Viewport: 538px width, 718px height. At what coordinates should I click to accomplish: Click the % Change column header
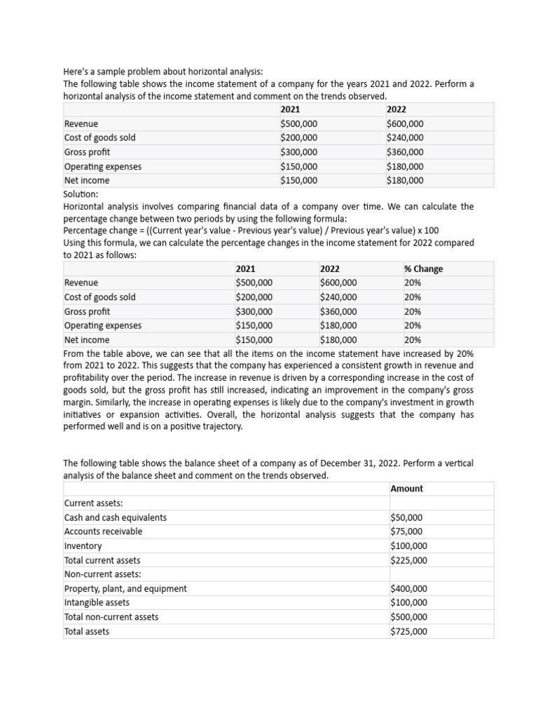423,269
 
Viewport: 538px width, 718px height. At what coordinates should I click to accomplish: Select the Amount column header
406,489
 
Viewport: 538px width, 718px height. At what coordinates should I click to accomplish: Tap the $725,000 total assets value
408,631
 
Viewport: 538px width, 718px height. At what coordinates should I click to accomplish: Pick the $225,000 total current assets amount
408,560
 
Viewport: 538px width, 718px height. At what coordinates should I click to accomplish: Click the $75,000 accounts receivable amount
406,531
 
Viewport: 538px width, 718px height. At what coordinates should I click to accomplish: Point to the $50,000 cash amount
406,517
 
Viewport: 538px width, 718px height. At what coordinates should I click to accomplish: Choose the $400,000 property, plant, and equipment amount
408,589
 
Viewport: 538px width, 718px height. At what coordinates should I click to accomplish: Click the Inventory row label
83,546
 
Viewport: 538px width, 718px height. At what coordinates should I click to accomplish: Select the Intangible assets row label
97,602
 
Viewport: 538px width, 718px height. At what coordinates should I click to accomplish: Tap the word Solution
81,194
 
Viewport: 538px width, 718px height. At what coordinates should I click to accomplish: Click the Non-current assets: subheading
102,574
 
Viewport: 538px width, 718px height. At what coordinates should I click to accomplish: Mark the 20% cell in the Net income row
413,340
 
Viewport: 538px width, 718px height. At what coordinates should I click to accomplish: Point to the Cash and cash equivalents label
116,517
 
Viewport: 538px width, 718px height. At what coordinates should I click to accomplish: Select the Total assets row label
87,631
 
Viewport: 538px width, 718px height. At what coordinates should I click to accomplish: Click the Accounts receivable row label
103,531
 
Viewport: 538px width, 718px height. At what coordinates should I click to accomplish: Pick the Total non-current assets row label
111,617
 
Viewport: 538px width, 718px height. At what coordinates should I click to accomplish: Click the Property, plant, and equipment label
125,589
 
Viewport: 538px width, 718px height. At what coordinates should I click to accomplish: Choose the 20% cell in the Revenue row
413,283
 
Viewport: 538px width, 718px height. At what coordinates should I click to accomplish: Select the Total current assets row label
102,560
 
